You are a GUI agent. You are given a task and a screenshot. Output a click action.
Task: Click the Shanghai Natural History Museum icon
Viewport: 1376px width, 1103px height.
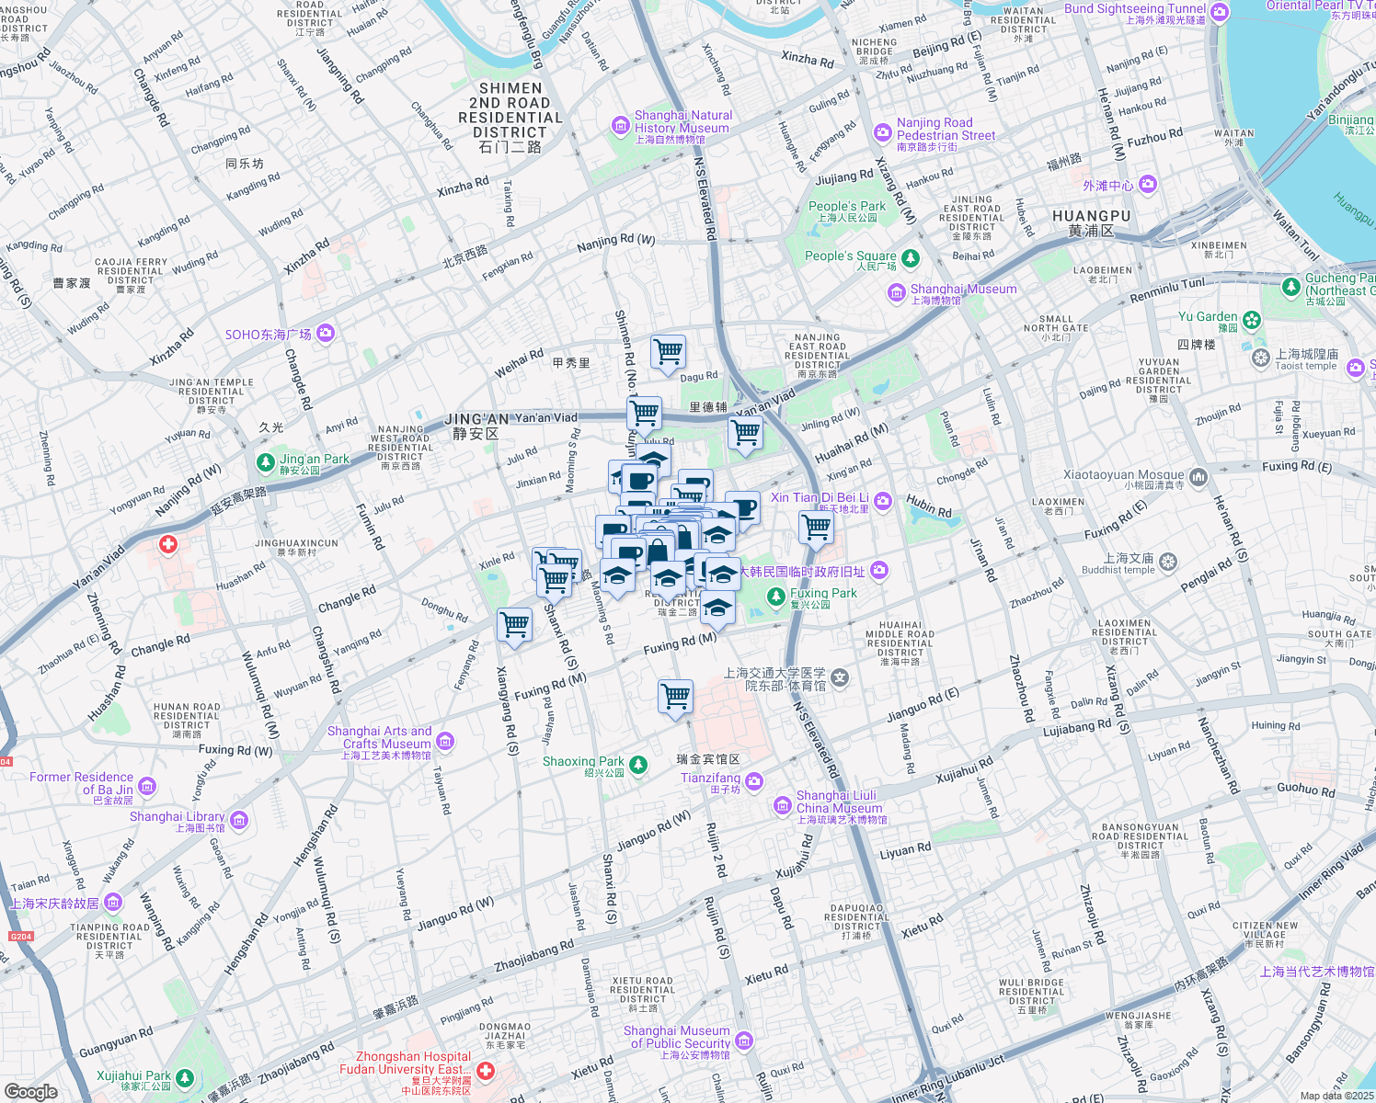coord(621,126)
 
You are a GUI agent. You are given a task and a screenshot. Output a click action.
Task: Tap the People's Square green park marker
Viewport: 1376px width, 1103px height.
coord(910,257)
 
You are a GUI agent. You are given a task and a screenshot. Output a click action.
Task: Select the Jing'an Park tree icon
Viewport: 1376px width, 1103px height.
coord(265,461)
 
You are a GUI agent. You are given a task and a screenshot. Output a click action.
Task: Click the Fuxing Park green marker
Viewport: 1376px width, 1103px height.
coord(776,597)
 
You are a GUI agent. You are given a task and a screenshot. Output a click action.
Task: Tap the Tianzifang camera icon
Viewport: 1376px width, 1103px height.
coord(754,781)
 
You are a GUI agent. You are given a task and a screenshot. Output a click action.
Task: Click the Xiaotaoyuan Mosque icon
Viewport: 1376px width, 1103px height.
coord(1198,477)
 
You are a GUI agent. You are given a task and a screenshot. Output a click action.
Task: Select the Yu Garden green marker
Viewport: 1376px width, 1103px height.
coord(1251,320)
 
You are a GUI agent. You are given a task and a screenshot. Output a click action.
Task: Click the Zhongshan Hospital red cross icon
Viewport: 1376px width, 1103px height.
coord(486,1071)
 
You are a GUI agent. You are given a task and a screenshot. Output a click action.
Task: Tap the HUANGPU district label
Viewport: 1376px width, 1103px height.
coord(1091,222)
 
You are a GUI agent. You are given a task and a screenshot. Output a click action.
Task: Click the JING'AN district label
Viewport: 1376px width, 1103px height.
coord(476,426)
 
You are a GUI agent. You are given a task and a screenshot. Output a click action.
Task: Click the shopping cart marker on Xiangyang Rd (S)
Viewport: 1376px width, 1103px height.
coord(514,625)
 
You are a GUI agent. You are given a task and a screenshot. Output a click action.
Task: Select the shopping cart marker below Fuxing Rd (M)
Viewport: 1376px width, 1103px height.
coord(675,696)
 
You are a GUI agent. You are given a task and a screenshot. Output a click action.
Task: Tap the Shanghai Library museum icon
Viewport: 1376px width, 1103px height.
coord(239,819)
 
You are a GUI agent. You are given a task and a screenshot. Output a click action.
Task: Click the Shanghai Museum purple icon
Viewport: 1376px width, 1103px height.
coord(896,293)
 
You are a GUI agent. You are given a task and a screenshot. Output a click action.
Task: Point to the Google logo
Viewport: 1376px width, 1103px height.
coord(30,1091)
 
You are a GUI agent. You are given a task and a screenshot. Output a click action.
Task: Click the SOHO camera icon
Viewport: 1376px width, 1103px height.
coord(325,334)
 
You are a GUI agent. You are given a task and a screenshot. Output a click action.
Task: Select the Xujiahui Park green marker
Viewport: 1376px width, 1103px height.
coord(185,1077)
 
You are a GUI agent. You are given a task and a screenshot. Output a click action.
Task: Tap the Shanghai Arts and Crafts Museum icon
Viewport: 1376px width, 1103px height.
coord(445,741)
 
